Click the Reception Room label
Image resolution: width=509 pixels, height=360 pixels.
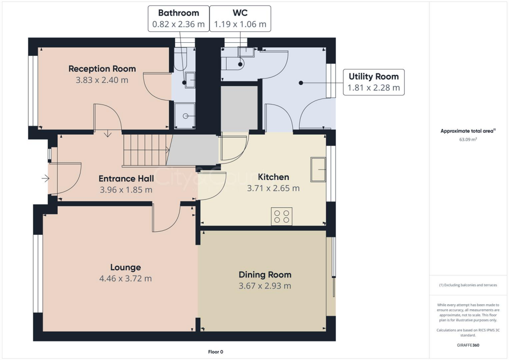pos(102,69)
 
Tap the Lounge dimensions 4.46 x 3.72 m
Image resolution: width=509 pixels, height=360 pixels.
pos(125,278)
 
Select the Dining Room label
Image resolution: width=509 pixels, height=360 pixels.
pos(265,274)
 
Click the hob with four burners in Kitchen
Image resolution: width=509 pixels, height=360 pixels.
pos(281,217)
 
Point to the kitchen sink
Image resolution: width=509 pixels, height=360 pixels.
pos(318,170)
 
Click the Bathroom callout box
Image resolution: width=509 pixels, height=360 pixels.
pos(178,18)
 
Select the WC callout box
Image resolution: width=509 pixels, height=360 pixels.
pos(240,18)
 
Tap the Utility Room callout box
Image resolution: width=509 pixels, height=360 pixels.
pos(373,82)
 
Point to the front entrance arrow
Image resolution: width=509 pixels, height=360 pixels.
pos(45,178)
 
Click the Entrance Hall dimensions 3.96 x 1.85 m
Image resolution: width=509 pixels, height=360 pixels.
pos(126,189)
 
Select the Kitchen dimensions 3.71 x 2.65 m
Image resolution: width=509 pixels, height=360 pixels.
pos(273,188)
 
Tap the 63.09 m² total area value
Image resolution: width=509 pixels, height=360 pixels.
pos(468,140)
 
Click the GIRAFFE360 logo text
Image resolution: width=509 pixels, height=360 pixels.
pos(468,345)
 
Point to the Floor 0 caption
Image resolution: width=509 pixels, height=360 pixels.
pos(216,352)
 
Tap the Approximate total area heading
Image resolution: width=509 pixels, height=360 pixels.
pos(468,131)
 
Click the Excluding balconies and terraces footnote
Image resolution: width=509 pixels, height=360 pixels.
pos(468,285)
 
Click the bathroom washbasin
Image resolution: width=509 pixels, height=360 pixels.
pos(190,80)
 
